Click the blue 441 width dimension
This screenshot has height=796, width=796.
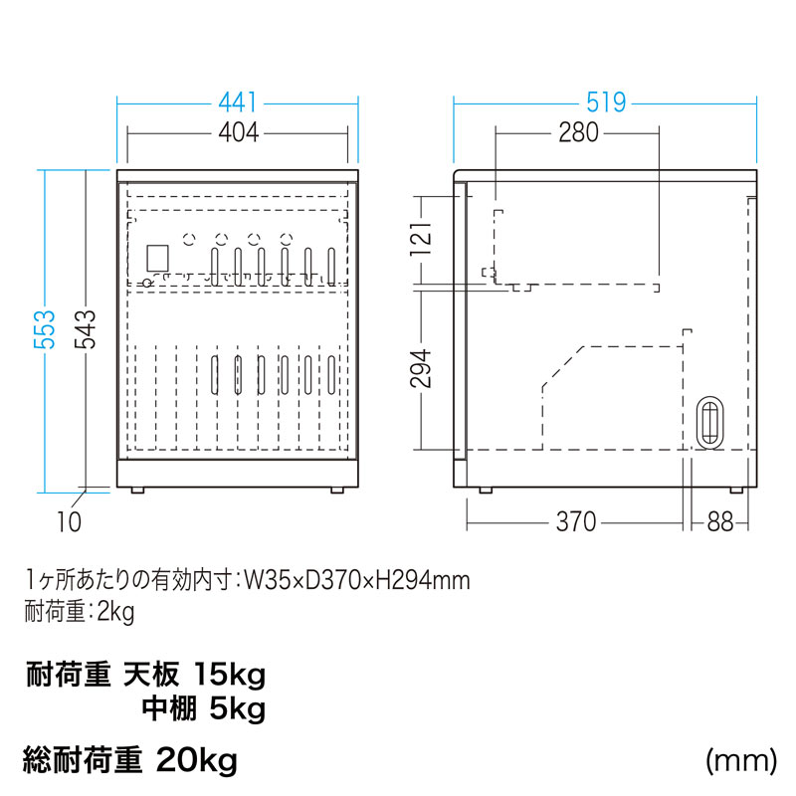pyautogui.click(x=238, y=103)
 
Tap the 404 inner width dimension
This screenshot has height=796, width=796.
pyautogui.click(x=238, y=133)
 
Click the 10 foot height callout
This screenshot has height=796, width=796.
pyautogui.click(x=69, y=521)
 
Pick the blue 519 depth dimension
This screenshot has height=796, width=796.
pyautogui.click(x=606, y=103)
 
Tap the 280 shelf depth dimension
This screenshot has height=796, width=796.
pyautogui.click(x=579, y=133)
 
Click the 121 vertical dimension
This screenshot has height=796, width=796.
pyautogui.click(x=421, y=238)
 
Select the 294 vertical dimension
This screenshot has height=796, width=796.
pyautogui.click(x=421, y=368)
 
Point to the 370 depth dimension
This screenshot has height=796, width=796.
pyautogui.click(x=576, y=521)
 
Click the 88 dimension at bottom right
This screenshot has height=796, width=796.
pyautogui.click(x=719, y=521)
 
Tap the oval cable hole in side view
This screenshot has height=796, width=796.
pyautogui.click(x=709, y=421)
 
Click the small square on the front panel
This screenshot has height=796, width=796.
pyautogui.click(x=157, y=259)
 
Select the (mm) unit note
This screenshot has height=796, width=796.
pyautogui.click(x=740, y=761)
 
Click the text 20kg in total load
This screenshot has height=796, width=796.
pyautogui.click(x=197, y=760)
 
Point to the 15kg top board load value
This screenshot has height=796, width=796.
pyautogui.click(x=230, y=676)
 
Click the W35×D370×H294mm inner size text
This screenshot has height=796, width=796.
pyautogui.click(x=357, y=581)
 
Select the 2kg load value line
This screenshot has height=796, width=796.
pyautogui.click(x=80, y=612)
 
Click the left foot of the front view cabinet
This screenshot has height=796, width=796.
pyautogui.click(x=137, y=491)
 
